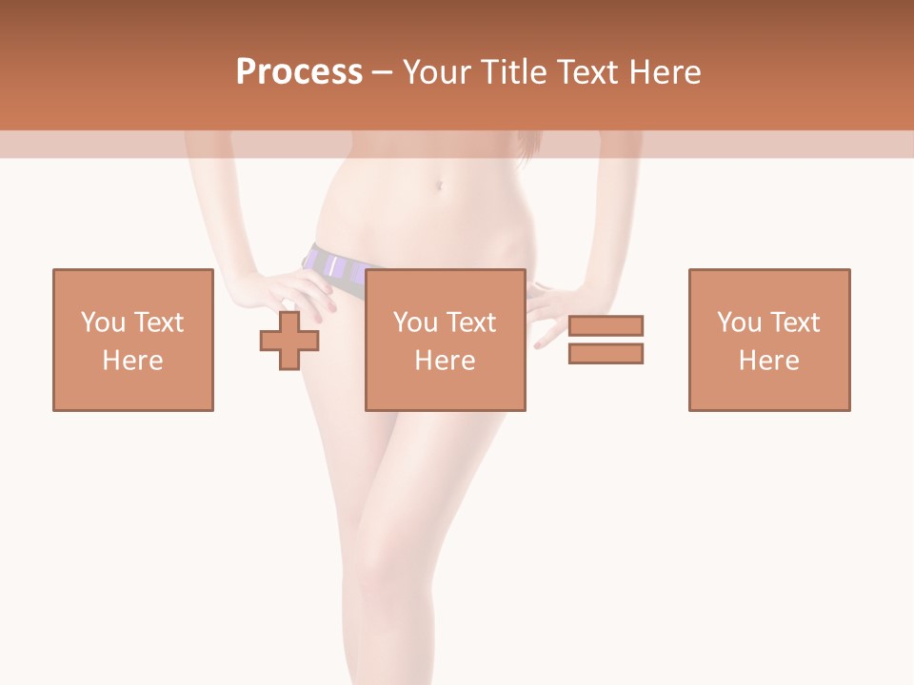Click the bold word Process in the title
(x=299, y=72)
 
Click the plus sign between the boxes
(x=289, y=340)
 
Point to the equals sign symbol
(x=606, y=340)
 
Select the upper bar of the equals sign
(x=606, y=326)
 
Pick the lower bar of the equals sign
(x=606, y=353)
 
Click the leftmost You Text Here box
(x=132, y=340)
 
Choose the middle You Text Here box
(x=445, y=340)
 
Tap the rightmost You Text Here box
(x=768, y=340)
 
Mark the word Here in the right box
(x=768, y=361)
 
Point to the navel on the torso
(x=438, y=185)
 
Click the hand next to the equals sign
(x=550, y=310)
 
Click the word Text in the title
(x=586, y=72)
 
